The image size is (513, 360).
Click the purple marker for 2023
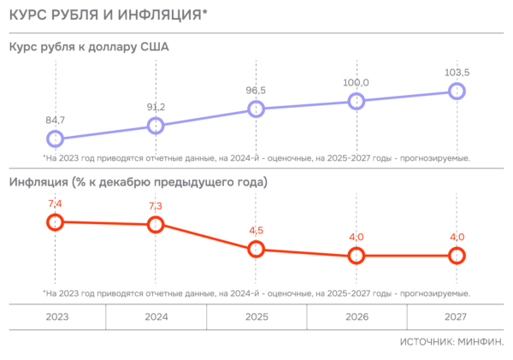[x=56, y=138]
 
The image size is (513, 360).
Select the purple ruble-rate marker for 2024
[x=156, y=126]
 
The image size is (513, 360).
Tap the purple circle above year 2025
[x=256, y=109]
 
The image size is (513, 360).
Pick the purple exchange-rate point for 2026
[x=357, y=101]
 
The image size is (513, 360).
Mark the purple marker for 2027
[x=457, y=91]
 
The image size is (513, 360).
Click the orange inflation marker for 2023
[x=56, y=221]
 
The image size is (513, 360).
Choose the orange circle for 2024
[x=156, y=224]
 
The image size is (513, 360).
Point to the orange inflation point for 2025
[x=256, y=250]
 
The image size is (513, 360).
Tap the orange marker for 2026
[x=357, y=256]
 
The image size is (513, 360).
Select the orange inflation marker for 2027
[x=457, y=256]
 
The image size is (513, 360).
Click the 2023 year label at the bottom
[x=56, y=316]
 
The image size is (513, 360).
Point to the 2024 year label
[x=156, y=316]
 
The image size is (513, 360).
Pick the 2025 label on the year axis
[x=256, y=316]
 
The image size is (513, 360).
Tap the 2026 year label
[x=357, y=316]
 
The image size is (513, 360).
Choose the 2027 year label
[x=456, y=316]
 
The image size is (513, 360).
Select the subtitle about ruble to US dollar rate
[x=89, y=47]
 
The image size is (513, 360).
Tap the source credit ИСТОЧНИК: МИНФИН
[x=451, y=341]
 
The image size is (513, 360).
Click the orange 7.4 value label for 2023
[x=56, y=204]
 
